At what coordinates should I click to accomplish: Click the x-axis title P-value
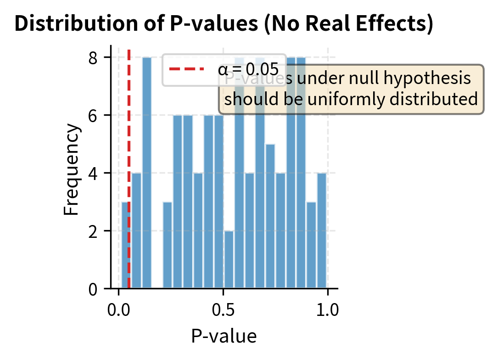click(x=224, y=336)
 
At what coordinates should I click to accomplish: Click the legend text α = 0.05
click(x=248, y=70)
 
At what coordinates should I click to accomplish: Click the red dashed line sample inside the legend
click(x=186, y=70)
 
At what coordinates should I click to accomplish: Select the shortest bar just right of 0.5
click(x=229, y=259)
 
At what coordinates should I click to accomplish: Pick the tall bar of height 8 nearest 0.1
click(x=147, y=174)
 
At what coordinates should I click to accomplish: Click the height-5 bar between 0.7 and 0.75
click(x=270, y=216)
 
